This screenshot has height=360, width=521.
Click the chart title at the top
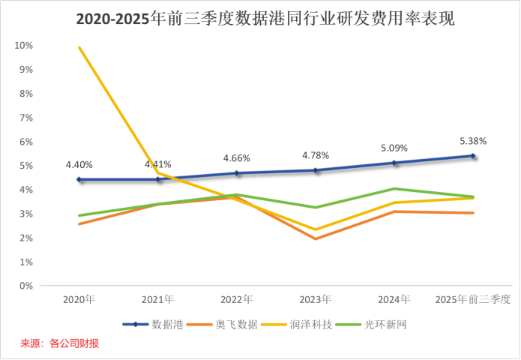(265, 19)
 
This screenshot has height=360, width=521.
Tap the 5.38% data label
(473, 141)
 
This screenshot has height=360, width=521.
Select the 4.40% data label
(79, 164)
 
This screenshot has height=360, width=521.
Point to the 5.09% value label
(394, 148)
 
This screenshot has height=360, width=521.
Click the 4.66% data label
(237, 158)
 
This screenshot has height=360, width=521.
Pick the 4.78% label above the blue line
(316, 155)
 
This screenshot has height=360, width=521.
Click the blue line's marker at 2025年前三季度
(473, 155)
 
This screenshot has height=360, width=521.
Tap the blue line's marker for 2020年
(79, 179)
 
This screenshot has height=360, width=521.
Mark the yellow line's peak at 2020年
(79, 47)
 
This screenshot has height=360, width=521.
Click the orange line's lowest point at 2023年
(316, 238)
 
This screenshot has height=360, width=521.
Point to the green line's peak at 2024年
(394, 189)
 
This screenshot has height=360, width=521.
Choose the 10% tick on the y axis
(23, 46)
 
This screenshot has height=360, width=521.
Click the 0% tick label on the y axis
(26, 286)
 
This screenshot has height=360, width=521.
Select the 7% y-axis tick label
(26, 118)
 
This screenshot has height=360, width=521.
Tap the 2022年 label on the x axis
(237, 299)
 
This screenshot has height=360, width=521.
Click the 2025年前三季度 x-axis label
(473, 299)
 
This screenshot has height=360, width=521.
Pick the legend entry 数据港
(153, 325)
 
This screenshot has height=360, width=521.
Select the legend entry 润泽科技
(297, 325)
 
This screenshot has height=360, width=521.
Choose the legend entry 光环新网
(372, 325)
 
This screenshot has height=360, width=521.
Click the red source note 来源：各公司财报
(59, 343)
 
